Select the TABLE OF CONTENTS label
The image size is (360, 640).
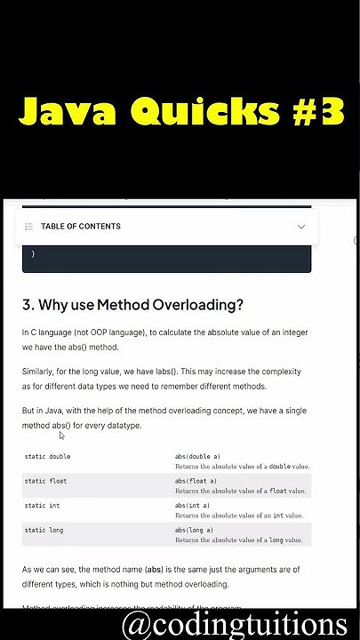coord(81,227)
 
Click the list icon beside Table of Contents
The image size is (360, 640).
coord(29,227)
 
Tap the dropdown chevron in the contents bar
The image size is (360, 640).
coord(301,227)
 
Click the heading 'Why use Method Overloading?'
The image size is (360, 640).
coord(132,305)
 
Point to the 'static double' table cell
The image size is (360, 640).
coord(47,456)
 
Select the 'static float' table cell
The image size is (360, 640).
coord(45,481)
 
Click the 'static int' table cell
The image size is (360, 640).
coord(42,505)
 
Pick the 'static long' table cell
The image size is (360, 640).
coord(44,530)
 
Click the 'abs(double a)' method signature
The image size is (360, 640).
coord(197,456)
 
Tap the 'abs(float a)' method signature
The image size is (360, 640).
coord(195,481)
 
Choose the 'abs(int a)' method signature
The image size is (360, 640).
coord(192,505)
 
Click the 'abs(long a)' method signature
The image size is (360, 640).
coord(194,530)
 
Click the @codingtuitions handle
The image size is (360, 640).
coord(235,622)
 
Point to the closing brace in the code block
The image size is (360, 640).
coord(33,254)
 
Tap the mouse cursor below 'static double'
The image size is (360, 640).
coord(62,436)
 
